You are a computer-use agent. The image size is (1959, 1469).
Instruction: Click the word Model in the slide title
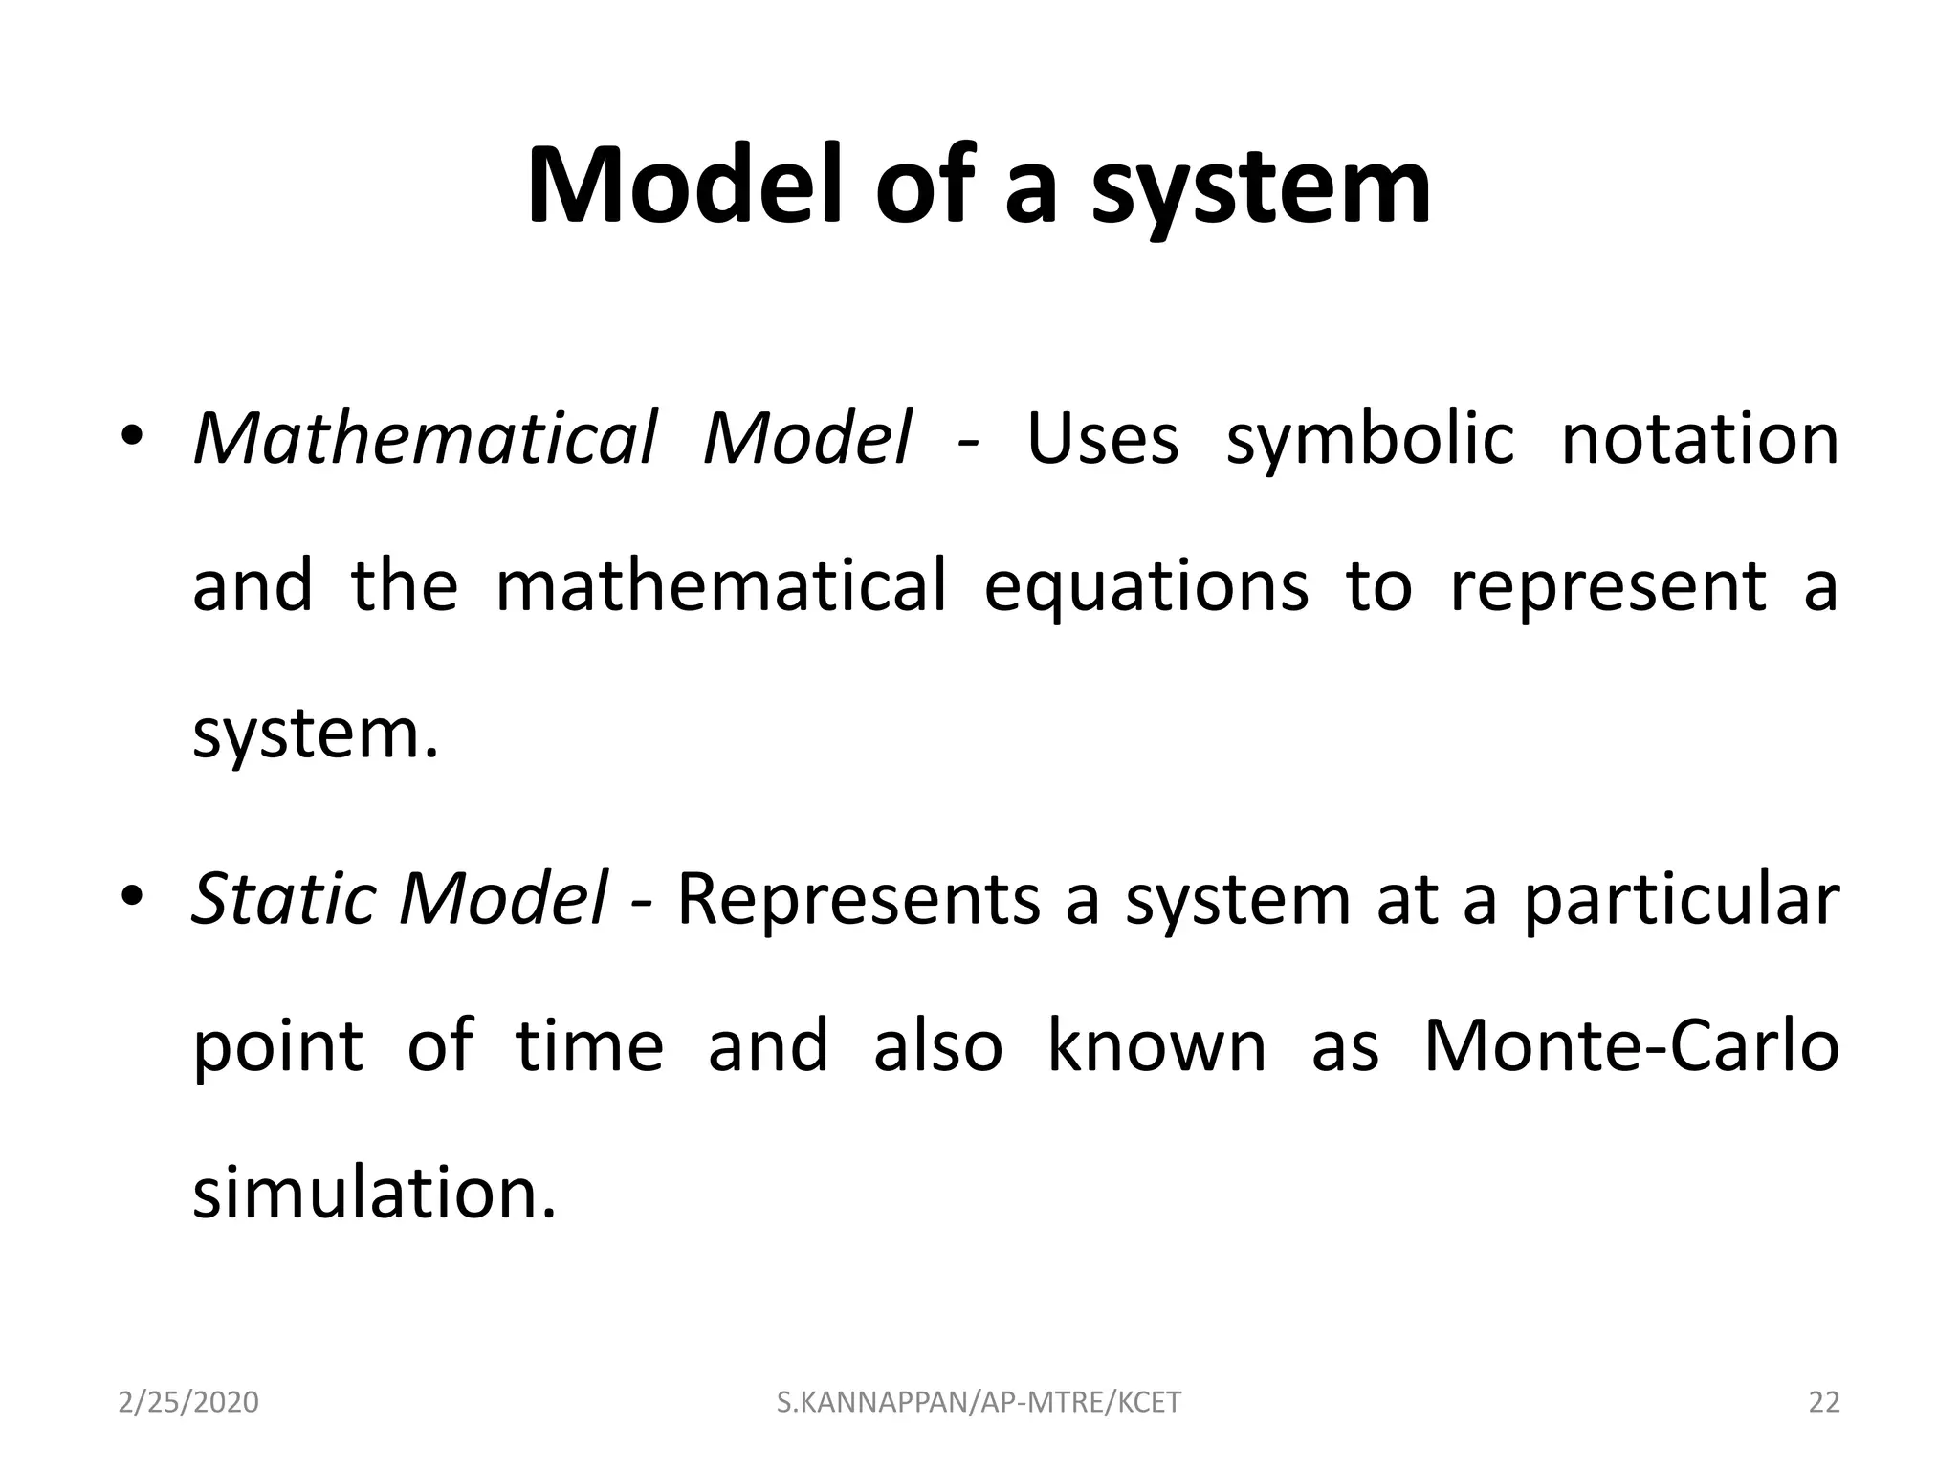(x=691, y=186)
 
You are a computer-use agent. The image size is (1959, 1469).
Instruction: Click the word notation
(x=1700, y=439)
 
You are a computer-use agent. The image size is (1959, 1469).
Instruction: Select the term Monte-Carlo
(x=1631, y=1045)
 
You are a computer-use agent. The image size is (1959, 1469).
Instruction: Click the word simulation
(x=373, y=1193)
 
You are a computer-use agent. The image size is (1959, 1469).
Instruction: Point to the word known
(x=1156, y=1045)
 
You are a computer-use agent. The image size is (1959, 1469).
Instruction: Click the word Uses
(x=1102, y=439)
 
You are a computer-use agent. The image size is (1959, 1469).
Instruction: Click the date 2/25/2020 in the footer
(x=188, y=1402)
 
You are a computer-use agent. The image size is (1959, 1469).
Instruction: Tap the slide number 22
(x=1824, y=1402)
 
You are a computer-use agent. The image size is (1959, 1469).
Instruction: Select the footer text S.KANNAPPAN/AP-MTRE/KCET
(x=979, y=1402)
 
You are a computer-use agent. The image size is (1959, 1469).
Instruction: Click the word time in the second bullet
(x=588, y=1045)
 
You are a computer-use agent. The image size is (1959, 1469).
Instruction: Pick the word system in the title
(x=1261, y=186)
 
